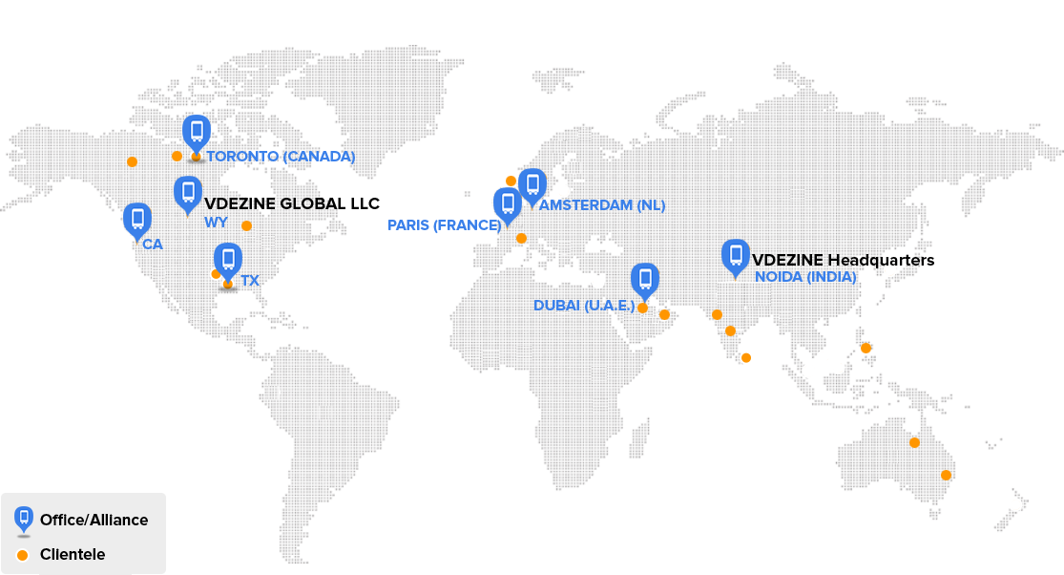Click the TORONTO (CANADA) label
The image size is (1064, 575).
coord(281,157)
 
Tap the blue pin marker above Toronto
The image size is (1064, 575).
coord(197,132)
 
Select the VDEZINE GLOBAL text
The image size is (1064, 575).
coord(273,203)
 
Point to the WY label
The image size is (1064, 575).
coord(215,223)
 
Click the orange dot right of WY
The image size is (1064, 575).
coord(247,226)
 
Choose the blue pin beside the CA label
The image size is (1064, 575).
coord(137,220)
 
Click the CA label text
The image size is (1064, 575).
coord(153,245)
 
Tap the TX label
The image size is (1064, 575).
coord(250,281)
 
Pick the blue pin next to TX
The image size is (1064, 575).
coord(227,259)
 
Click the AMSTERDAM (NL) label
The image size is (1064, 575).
coord(602,205)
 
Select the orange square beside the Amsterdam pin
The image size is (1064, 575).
coord(511,181)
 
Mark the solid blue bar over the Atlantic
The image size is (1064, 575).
coord(444,226)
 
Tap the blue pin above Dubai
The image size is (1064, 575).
coord(645,280)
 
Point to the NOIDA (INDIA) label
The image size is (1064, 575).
coord(805,277)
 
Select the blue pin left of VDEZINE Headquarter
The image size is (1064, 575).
coord(735,255)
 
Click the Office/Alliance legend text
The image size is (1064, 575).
coord(94,521)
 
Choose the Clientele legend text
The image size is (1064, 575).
coord(73,555)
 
